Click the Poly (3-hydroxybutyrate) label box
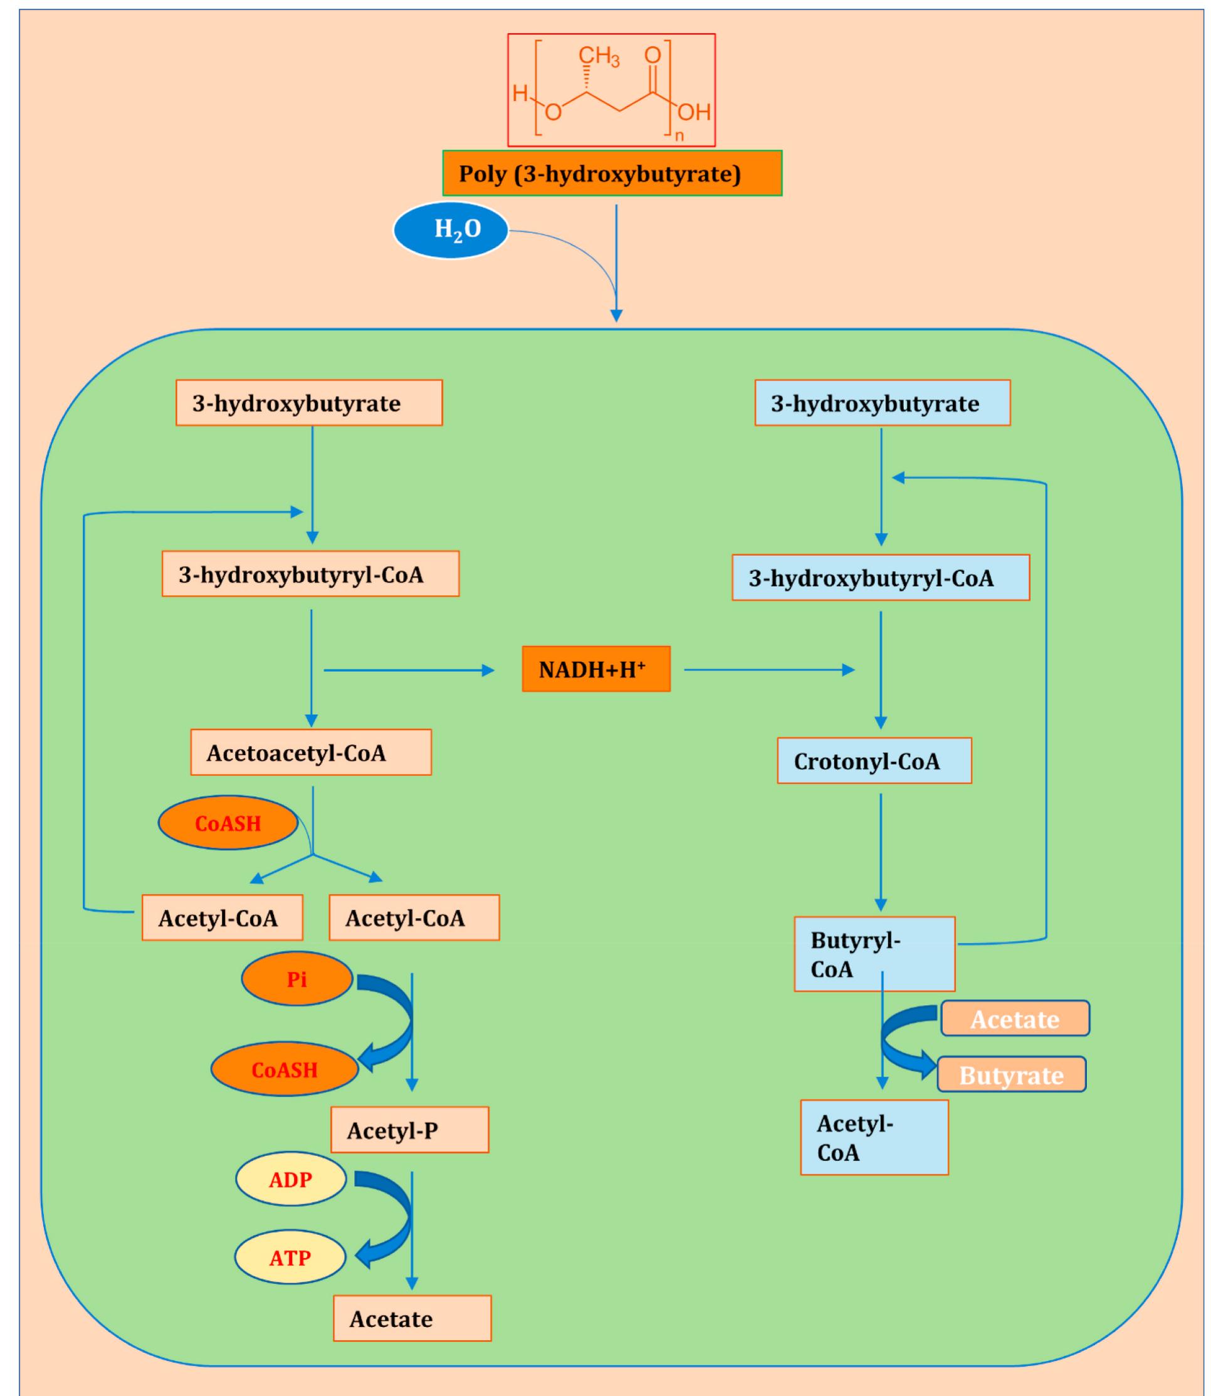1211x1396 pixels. click(x=612, y=174)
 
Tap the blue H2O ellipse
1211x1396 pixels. click(x=451, y=231)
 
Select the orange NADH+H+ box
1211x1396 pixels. click(x=596, y=669)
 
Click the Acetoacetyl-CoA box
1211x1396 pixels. click(x=310, y=752)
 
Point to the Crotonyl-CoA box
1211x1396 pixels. click(x=874, y=761)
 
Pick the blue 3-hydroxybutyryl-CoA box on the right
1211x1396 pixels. click(x=880, y=578)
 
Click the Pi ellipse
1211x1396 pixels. click(x=296, y=979)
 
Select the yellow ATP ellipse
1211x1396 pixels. click(x=290, y=1258)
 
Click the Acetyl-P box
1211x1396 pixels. click(x=409, y=1130)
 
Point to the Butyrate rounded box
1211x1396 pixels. click(x=1011, y=1075)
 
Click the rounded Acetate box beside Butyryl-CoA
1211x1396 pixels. click(x=1014, y=1018)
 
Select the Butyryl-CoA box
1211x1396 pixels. click(x=874, y=954)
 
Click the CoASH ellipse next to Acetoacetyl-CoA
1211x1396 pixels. click(x=228, y=823)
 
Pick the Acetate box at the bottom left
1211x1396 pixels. click(x=412, y=1318)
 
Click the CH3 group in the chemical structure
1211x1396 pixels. click(x=599, y=57)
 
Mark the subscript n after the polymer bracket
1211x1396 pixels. click(x=679, y=136)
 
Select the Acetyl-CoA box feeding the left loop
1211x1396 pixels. click(x=222, y=917)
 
